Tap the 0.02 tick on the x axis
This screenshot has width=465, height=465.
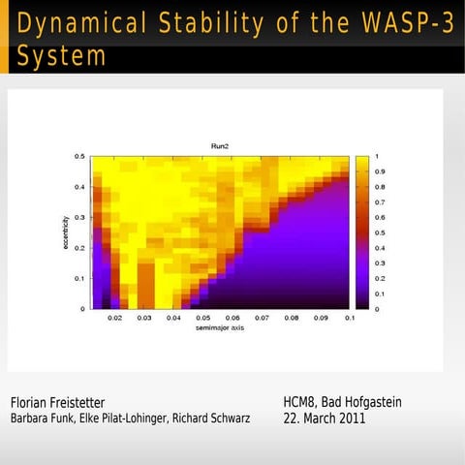pyautogui.click(x=114, y=317)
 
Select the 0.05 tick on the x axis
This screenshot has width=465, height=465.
pyautogui.click(x=203, y=317)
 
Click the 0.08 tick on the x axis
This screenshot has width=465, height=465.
pyautogui.click(x=292, y=317)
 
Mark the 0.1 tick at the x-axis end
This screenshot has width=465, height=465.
pyautogui.click(x=349, y=317)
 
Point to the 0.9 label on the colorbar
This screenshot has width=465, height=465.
pyautogui.click(x=379, y=171)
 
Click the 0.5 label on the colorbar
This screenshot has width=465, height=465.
pyautogui.click(x=379, y=232)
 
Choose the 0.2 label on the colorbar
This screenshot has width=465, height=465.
pyautogui.click(x=379, y=278)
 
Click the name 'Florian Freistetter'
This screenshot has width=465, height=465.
pyautogui.click(x=57, y=402)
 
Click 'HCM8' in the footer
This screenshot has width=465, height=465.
pyautogui.click(x=300, y=402)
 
